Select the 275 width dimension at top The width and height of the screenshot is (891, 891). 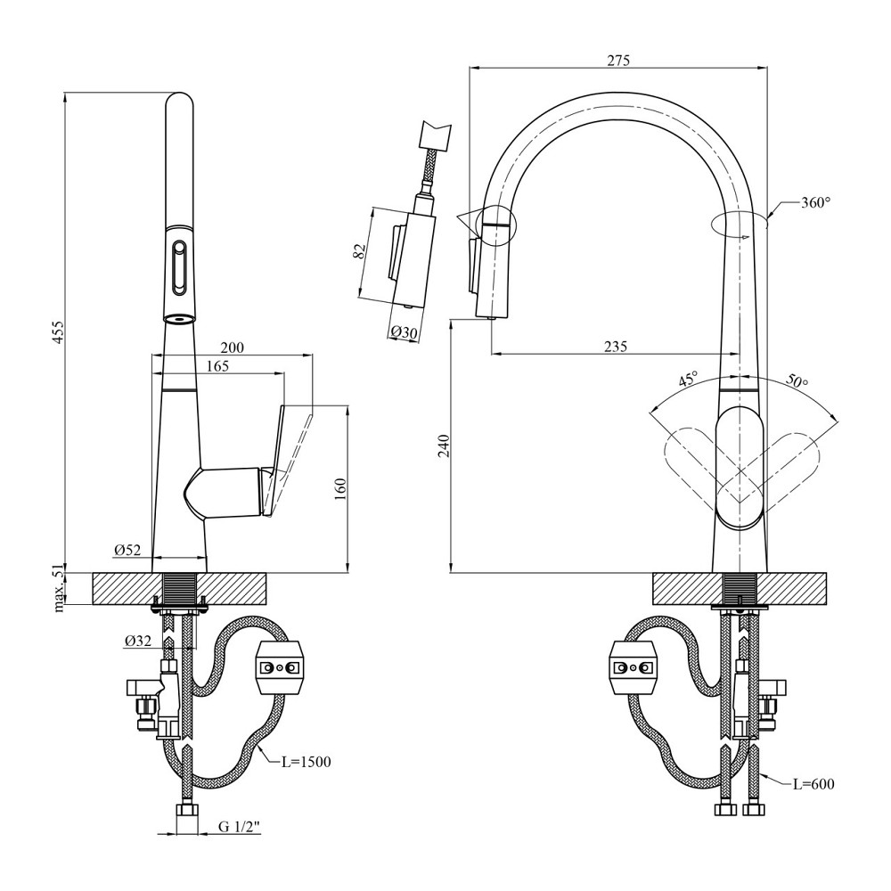pyautogui.click(x=618, y=61)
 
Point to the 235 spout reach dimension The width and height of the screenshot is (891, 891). pyautogui.click(x=616, y=347)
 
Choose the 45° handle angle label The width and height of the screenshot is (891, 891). pyautogui.click(x=688, y=380)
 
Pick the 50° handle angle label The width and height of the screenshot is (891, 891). pyautogui.click(x=797, y=380)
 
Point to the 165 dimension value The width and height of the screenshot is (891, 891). pyautogui.click(x=217, y=365)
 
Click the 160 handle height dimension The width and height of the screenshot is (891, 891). pyautogui.click(x=339, y=490)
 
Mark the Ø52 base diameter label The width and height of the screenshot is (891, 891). pyautogui.click(x=127, y=551)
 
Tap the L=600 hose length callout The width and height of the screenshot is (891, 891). pyautogui.click(x=813, y=784)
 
